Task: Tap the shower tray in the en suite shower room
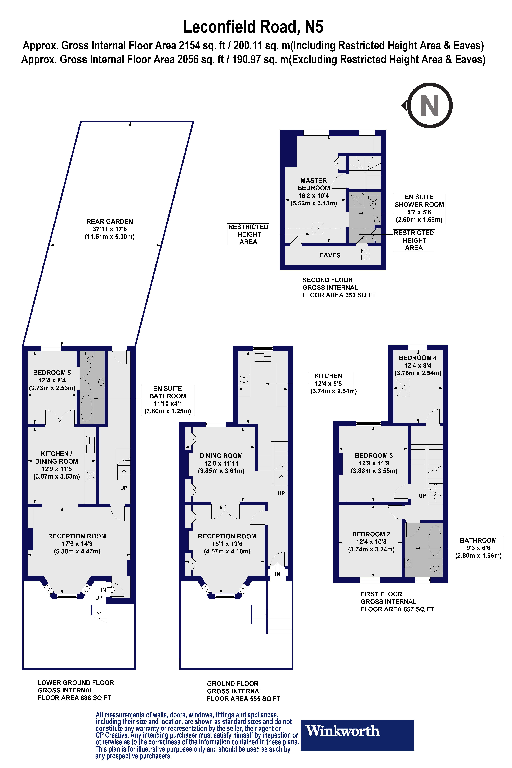point(357,200)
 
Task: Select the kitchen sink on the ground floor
point(263,357)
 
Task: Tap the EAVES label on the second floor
point(330,255)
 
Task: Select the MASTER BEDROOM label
point(314,184)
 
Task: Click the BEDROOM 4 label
point(418,358)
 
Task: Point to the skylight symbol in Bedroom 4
point(403,387)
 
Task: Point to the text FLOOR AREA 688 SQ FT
point(74,698)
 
